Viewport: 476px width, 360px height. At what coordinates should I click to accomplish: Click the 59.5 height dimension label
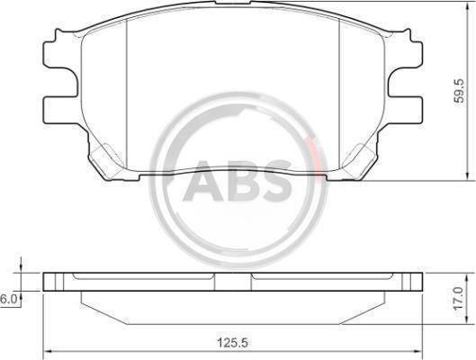(x=459, y=91)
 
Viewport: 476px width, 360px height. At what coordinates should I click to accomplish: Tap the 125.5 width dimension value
(x=233, y=343)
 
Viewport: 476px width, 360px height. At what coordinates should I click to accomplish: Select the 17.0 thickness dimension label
(x=459, y=298)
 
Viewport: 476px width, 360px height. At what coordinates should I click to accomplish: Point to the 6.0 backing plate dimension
(x=8, y=299)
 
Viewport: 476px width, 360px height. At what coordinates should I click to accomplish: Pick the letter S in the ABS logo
(x=277, y=181)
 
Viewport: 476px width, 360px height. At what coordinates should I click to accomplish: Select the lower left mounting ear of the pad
(x=59, y=110)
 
